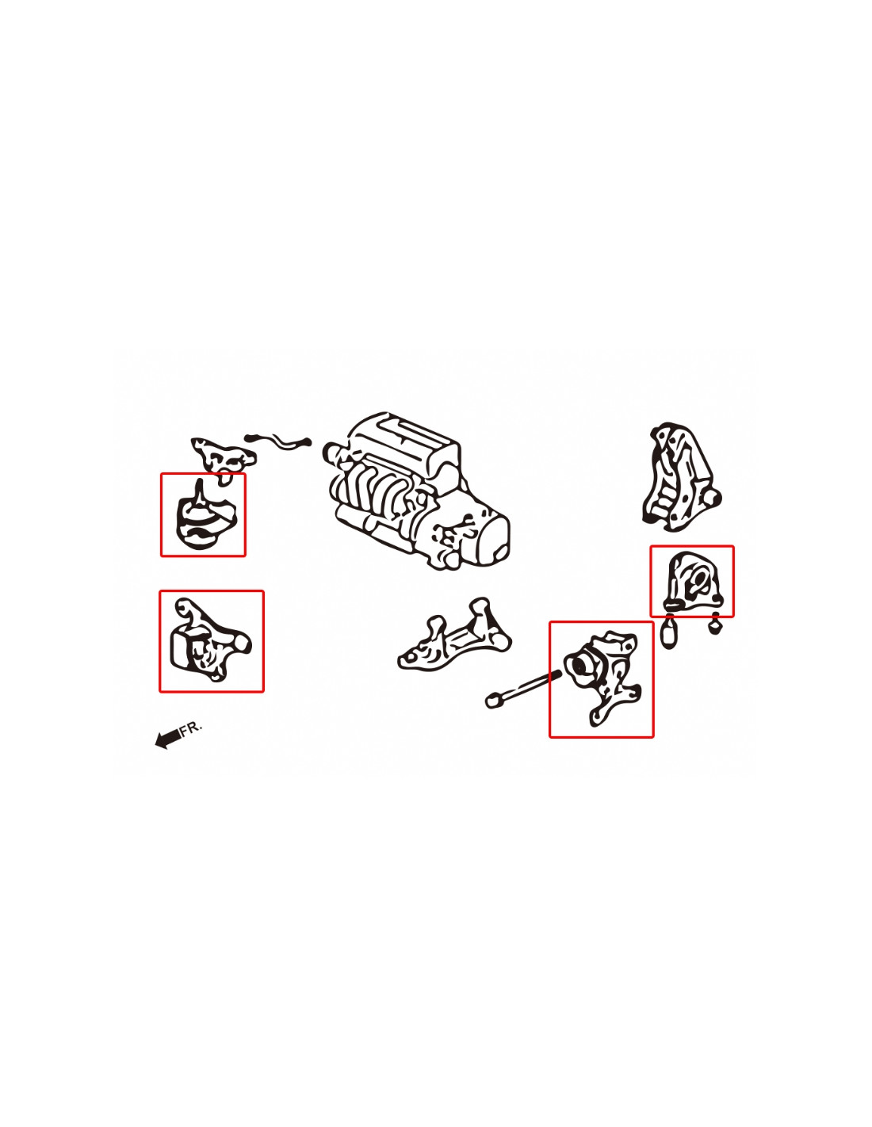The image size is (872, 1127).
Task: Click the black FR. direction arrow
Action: coord(168,737)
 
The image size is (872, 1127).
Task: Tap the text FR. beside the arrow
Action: coord(190,727)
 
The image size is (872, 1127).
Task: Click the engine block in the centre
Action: coord(415,489)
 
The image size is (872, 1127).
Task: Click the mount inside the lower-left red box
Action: coord(210,640)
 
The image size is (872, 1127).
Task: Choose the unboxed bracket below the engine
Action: coord(453,636)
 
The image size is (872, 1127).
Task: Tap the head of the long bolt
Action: coord(492,701)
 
